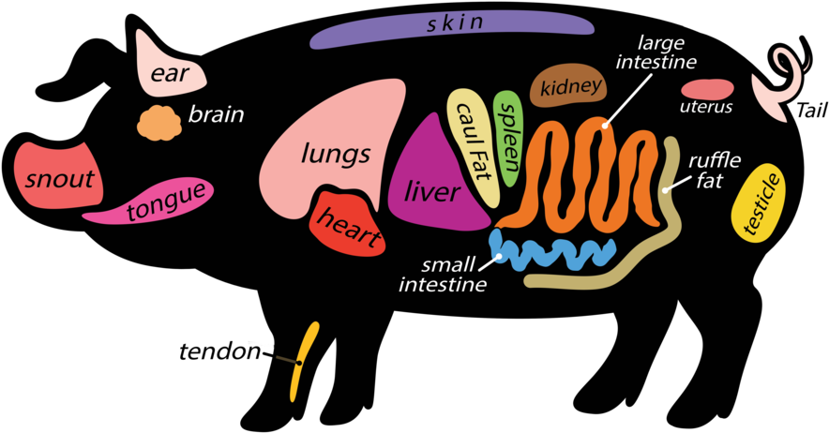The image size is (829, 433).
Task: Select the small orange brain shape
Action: (x=159, y=123)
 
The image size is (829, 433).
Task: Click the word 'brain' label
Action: (x=216, y=115)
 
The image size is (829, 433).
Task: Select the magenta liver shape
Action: (x=433, y=187)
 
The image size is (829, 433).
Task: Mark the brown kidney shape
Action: (x=570, y=88)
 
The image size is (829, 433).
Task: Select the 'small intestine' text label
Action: (x=441, y=274)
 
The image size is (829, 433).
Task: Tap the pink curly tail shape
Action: (x=780, y=84)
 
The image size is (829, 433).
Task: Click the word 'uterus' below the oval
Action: (x=705, y=108)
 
